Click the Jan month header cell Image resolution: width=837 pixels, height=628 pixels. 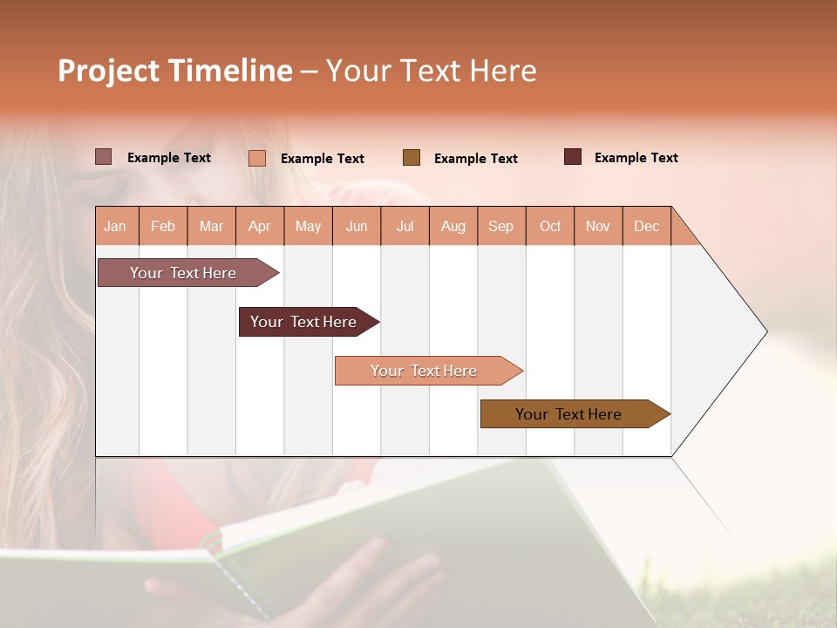tap(116, 226)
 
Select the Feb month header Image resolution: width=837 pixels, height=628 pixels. tap(163, 226)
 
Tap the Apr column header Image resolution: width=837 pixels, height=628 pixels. tap(260, 226)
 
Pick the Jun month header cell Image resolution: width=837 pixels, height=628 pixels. tap(357, 226)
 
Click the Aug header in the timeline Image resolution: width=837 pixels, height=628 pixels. tap(453, 226)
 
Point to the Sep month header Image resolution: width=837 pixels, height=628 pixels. tap(501, 226)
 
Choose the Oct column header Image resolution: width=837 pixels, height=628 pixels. tap(550, 226)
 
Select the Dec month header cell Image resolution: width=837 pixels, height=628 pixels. tap(647, 226)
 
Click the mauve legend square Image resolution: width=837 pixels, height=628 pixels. tap(104, 157)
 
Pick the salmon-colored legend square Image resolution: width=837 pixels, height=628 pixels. tap(257, 158)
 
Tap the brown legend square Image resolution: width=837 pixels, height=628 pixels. tap(412, 158)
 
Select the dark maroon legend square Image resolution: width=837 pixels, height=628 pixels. tap(573, 157)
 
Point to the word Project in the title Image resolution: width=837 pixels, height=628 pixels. tap(109, 71)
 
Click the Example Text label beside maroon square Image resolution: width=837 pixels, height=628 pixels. tap(636, 158)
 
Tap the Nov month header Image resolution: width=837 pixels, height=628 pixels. tap(598, 226)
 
